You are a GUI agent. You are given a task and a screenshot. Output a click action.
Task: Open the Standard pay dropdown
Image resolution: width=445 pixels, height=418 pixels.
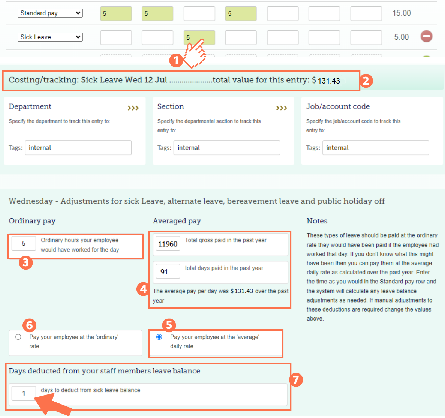point(50,13)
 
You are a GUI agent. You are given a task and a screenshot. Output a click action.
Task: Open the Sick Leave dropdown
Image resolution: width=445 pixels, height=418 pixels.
point(50,37)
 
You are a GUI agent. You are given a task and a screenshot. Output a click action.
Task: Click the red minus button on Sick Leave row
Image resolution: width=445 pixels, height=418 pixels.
point(426,36)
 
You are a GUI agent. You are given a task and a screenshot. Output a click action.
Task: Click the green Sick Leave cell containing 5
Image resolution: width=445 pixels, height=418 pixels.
point(199,37)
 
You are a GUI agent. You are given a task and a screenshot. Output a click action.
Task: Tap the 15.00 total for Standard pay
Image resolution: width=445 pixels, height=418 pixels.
point(401,13)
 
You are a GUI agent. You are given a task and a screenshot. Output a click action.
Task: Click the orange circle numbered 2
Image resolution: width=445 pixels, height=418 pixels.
point(366,81)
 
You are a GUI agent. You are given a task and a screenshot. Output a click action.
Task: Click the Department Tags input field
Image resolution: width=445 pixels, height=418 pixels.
point(78,148)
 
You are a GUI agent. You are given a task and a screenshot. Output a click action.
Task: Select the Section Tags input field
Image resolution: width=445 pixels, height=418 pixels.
point(226,148)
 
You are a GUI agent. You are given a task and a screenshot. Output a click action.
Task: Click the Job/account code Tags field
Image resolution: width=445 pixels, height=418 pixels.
point(375,148)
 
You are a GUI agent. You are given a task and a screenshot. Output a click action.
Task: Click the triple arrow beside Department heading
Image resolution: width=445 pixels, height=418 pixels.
point(133,108)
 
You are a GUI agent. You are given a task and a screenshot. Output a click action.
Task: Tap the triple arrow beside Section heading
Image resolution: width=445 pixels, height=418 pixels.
point(282,108)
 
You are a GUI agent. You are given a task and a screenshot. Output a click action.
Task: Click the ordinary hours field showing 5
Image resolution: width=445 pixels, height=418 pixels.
point(24,243)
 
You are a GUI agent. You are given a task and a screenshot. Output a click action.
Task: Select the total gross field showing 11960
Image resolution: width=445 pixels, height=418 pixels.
point(168,244)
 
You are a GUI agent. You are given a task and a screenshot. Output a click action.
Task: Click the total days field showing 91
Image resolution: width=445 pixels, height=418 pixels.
point(168,272)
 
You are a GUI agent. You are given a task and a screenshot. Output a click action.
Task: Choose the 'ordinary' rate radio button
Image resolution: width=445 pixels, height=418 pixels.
point(18,337)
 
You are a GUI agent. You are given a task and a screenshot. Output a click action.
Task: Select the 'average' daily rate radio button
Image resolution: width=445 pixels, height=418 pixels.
point(159,337)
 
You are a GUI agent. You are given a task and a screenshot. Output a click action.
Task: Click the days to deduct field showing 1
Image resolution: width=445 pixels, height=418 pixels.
point(24,393)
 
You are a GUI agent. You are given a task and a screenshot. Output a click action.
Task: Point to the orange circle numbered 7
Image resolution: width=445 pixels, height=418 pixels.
point(296,380)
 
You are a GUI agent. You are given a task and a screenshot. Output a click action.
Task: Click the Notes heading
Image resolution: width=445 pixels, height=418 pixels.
point(317,221)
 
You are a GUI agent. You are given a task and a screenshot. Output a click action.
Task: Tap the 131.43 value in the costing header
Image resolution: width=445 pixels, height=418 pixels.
point(329,81)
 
